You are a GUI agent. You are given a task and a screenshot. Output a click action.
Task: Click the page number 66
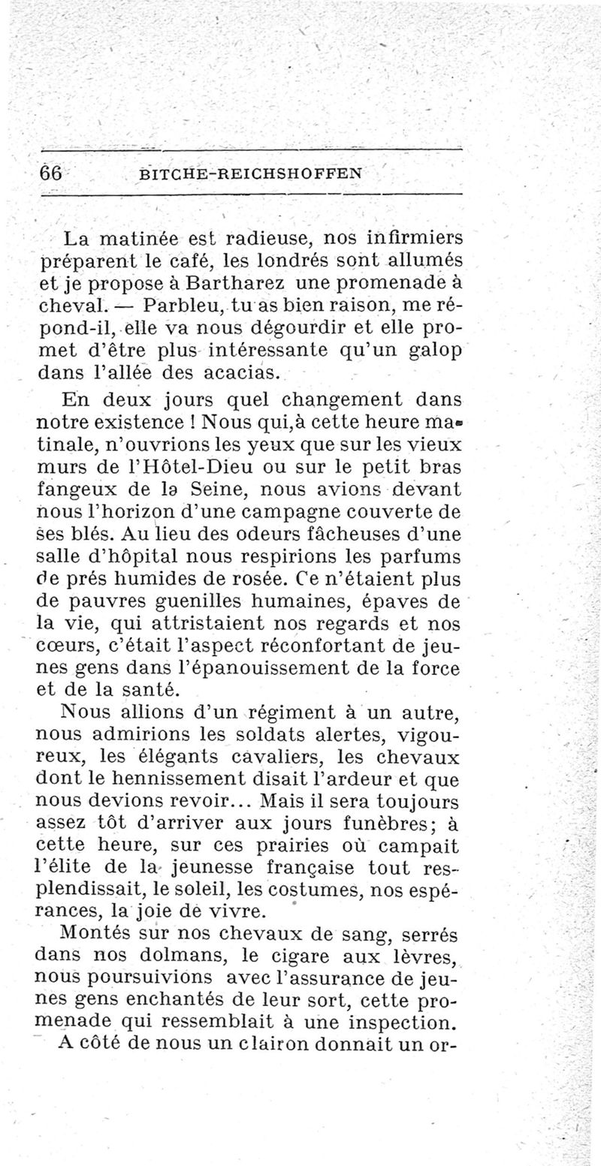point(51,172)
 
